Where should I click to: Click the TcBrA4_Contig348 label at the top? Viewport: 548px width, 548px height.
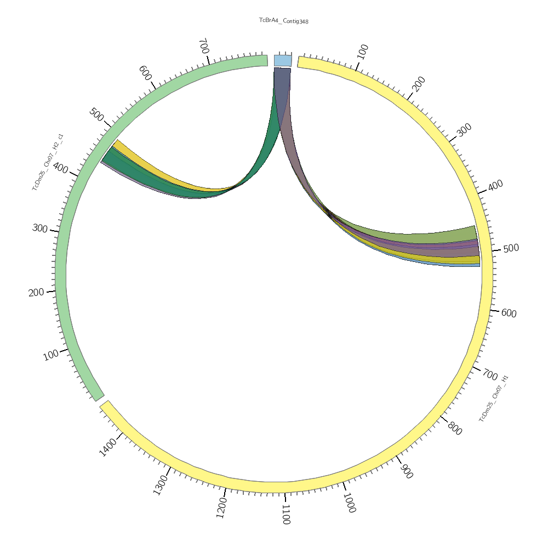click(x=284, y=21)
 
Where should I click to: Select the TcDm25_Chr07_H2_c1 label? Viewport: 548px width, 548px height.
click(x=48, y=162)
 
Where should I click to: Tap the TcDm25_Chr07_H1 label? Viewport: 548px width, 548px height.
click(x=494, y=398)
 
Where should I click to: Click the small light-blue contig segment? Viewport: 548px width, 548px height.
click(x=283, y=60)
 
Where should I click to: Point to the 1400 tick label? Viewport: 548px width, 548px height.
click(x=109, y=447)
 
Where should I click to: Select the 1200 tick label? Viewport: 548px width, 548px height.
click(x=221, y=508)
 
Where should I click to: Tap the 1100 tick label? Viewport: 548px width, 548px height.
click(x=286, y=515)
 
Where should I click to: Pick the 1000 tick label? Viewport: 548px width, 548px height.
click(x=349, y=503)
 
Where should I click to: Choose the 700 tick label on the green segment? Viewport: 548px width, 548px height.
click(x=203, y=45)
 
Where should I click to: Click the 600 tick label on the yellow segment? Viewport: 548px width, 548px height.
click(x=509, y=313)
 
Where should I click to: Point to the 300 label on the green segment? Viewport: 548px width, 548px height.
click(x=40, y=228)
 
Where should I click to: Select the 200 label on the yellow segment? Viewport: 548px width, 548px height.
click(x=419, y=84)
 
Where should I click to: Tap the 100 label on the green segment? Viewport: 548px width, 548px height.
click(x=50, y=355)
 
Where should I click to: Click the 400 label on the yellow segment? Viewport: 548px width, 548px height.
click(x=495, y=186)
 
